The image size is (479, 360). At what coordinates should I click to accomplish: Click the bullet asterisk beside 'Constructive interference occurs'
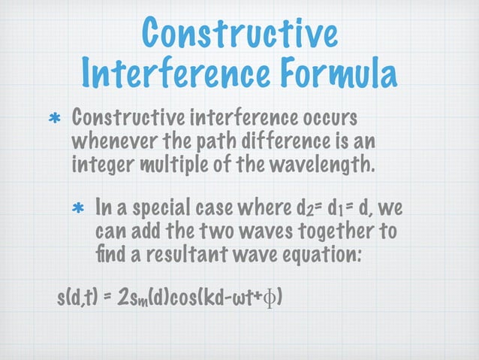(54, 120)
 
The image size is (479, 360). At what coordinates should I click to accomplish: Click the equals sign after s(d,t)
(107, 301)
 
